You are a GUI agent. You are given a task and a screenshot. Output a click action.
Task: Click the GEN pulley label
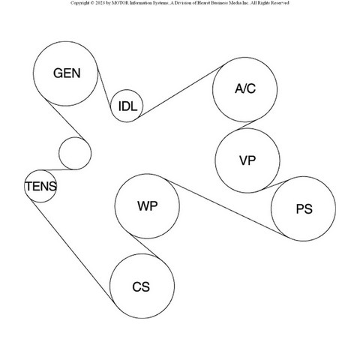click(x=67, y=73)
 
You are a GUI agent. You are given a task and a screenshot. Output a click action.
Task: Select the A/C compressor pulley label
click(x=245, y=88)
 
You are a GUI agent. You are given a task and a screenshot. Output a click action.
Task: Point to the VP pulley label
click(x=247, y=160)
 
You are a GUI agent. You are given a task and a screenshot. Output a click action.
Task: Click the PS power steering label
click(x=304, y=209)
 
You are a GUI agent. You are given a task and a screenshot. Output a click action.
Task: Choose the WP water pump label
click(x=148, y=206)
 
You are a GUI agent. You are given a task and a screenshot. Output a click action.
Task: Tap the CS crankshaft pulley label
click(x=141, y=287)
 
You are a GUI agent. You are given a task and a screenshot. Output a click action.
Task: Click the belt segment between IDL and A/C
click(x=182, y=91)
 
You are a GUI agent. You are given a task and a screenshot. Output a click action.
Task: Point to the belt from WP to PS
click(x=226, y=208)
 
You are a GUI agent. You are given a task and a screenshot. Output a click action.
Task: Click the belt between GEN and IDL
click(x=104, y=88)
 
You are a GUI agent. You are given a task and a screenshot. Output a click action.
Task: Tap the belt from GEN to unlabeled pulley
click(x=64, y=119)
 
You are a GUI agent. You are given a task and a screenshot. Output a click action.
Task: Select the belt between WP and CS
click(x=144, y=245)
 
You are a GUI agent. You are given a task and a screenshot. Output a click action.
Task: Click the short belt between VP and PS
click(x=277, y=184)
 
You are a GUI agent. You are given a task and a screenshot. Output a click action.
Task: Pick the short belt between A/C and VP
click(x=247, y=125)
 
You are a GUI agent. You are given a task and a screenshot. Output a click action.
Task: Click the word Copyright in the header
click(x=79, y=3)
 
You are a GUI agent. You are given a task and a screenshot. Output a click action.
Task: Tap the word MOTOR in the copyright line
click(x=121, y=3)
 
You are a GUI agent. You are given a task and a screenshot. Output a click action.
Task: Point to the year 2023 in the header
click(x=98, y=3)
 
